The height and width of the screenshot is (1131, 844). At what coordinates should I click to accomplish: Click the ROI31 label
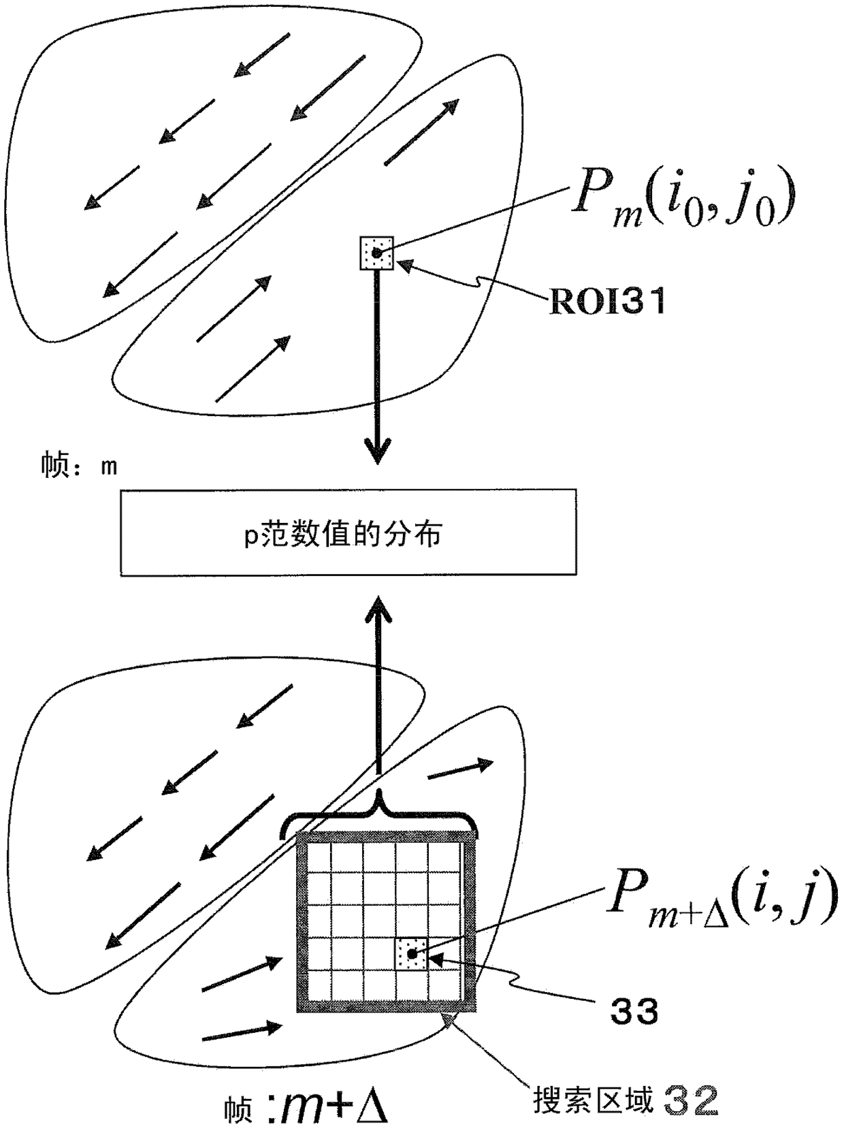coord(608,301)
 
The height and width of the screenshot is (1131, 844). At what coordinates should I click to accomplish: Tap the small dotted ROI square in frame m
coord(376,253)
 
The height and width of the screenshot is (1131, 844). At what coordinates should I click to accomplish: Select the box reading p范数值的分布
coord(348,532)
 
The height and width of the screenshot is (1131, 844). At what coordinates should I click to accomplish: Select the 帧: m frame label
coord(80,465)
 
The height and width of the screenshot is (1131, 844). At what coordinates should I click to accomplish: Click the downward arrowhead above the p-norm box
coord(378,451)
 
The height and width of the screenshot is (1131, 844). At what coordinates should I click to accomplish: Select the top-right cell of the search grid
coord(444,857)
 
